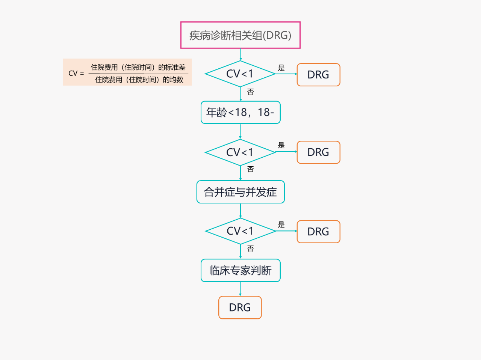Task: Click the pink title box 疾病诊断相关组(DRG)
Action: (x=240, y=35)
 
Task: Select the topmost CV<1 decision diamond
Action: (x=240, y=74)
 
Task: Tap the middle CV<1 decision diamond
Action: (x=240, y=152)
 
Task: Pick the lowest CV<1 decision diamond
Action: (x=240, y=231)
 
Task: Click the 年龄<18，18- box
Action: (x=240, y=112)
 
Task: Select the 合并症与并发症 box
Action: (x=240, y=192)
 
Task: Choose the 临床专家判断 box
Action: (x=240, y=270)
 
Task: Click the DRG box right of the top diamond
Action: (x=318, y=75)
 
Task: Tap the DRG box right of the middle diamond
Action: (x=318, y=152)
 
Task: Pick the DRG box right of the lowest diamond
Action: (x=318, y=232)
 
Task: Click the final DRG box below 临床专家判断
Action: (x=240, y=307)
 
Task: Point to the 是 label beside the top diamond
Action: (x=281, y=68)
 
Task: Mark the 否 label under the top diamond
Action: (x=251, y=92)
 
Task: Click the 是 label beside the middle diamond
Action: (x=281, y=145)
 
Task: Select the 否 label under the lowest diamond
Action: (x=251, y=249)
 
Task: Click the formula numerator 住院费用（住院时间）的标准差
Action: (x=138, y=67)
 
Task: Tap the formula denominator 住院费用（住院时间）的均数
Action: (x=139, y=80)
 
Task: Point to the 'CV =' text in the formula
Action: (x=76, y=73)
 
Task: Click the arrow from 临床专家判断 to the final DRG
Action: (x=240, y=289)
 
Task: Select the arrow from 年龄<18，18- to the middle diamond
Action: (x=240, y=131)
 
